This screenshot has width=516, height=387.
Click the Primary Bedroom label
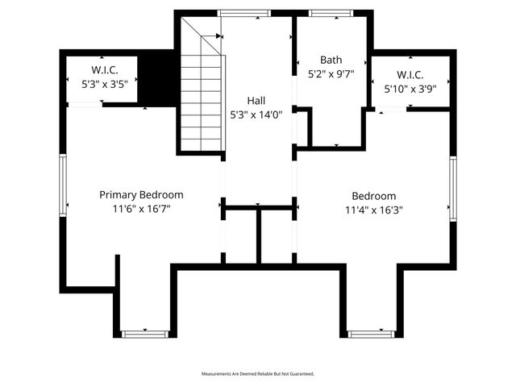pyautogui.click(x=141, y=195)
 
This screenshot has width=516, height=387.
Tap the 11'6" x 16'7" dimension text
pyautogui.click(x=141, y=208)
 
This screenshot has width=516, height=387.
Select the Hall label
pyautogui.click(x=256, y=101)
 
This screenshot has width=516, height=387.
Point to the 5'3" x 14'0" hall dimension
pyautogui.click(x=256, y=114)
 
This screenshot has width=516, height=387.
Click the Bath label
pyautogui.click(x=331, y=60)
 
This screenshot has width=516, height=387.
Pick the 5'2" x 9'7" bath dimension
pyautogui.click(x=331, y=73)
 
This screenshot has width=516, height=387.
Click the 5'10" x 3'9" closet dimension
pyautogui.click(x=411, y=89)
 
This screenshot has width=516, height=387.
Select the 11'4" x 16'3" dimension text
pyautogui.click(x=374, y=209)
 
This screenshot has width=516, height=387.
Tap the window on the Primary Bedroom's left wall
pyautogui.click(x=62, y=185)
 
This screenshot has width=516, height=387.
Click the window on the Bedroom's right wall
pyautogui.click(x=453, y=188)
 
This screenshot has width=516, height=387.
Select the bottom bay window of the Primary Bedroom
pyautogui.click(x=144, y=333)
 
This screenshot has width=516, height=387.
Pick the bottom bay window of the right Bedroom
pyautogui.click(x=371, y=333)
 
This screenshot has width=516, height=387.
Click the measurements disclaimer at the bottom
pyautogui.click(x=257, y=374)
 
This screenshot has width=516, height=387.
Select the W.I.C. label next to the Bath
pyautogui.click(x=411, y=75)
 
